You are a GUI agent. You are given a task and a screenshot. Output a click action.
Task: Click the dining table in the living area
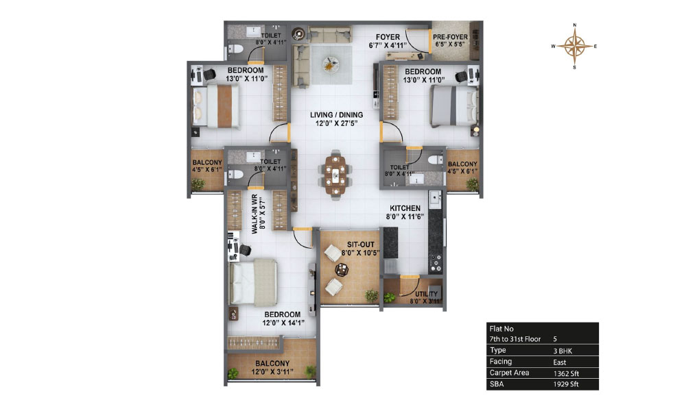tap(335, 175)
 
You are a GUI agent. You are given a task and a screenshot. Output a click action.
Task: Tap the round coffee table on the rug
tap(331, 64)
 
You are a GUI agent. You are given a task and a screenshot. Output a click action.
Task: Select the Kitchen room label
tap(405, 208)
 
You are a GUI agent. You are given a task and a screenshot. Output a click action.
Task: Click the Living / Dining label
tap(336, 115)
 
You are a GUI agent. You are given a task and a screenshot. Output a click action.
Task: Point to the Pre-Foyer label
tap(450, 37)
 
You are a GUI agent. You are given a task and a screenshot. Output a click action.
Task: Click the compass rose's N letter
tap(575, 25)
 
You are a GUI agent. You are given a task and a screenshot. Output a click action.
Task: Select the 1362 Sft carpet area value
tap(566, 373)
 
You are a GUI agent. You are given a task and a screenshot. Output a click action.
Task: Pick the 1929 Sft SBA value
tap(566, 384)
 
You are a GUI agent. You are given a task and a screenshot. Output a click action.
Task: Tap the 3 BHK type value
tap(563, 351)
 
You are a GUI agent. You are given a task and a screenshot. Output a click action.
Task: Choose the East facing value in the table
tap(560, 362)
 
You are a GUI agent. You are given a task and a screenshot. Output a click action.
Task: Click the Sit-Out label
tap(361, 245)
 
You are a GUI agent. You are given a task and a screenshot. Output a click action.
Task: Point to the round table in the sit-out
tap(342, 270)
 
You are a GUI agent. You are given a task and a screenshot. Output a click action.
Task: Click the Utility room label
tap(426, 294)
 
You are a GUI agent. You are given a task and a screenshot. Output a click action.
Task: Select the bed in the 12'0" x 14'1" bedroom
tap(253, 282)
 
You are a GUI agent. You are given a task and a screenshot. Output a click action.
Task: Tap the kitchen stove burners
tap(435, 262)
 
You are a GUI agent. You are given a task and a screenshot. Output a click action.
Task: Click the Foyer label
tap(388, 37)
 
